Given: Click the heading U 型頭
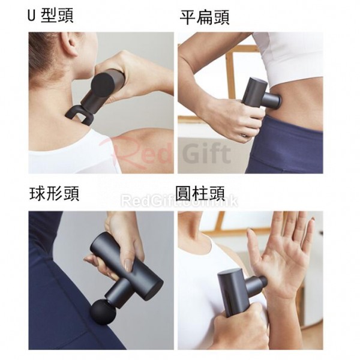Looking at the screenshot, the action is click(50, 16).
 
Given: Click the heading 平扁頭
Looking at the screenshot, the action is click(205, 17).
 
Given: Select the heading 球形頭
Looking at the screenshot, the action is click(54, 193).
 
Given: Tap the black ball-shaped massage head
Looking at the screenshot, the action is click(102, 313).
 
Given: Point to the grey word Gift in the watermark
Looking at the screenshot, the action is click(206, 152).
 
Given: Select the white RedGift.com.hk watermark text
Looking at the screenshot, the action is click(179, 201).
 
